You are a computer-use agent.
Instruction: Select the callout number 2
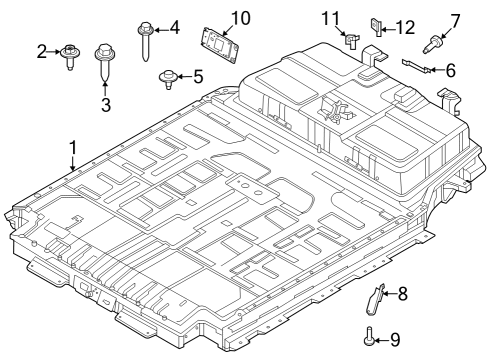pos(42,50)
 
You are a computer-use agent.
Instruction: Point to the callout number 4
pos(175,27)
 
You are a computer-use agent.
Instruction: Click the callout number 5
pos(198,75)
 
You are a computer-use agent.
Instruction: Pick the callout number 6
pos(451,70)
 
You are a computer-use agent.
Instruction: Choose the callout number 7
pos(455,19)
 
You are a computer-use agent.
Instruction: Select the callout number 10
pos(240,18)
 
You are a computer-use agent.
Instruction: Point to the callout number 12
pos(404,27)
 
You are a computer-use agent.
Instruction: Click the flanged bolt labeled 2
pos(72,54)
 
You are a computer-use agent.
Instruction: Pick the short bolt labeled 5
pos(167,77)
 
